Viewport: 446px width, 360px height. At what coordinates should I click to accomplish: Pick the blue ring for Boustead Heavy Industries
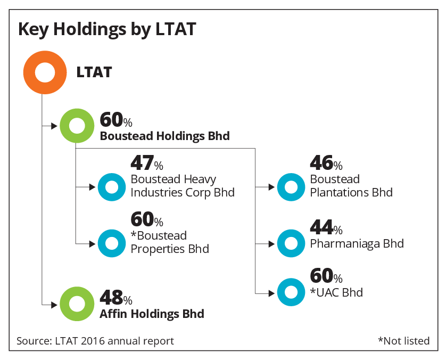[x=102, y=187]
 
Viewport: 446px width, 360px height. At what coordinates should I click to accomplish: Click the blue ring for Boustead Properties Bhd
[x=102, y=243]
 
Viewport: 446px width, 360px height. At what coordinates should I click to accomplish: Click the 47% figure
[x=147, y=163]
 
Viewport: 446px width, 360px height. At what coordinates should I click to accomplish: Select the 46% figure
[x=326, y=163]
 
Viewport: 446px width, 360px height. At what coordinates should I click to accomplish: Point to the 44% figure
[x=326, y=227]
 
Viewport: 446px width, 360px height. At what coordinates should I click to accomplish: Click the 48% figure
[x=116, y=297]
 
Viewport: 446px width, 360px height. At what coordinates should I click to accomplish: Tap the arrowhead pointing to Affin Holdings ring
[x=54, y=305]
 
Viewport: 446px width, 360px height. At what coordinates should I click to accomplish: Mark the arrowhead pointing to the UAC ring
[x=272, y=293]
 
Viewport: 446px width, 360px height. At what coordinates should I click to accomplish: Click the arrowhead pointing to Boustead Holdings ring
[x=54, y=126]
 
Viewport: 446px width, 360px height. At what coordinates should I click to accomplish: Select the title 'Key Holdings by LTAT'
[x=107, y=29]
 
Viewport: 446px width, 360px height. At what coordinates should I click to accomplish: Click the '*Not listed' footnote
[x=403, y=341]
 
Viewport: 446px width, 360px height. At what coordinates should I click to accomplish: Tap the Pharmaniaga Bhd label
[x=357, y=243]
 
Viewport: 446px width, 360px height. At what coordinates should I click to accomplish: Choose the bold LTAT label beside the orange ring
[x=94, y=72]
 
